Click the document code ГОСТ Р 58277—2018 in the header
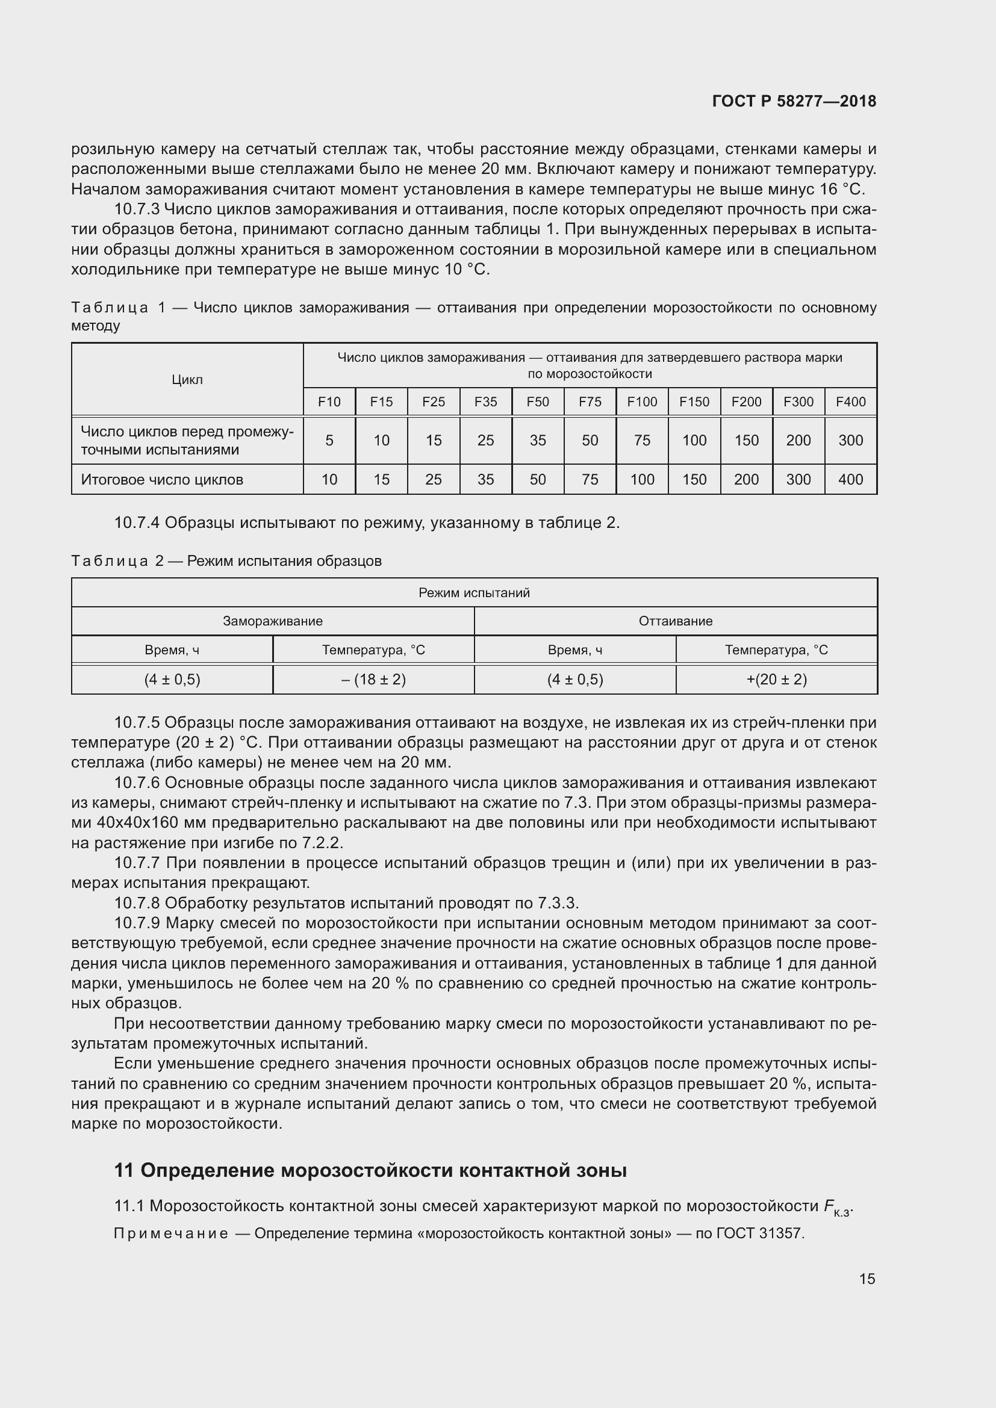click(794, 101)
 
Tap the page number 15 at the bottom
click(867, 1279)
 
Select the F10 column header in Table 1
click(329, 402)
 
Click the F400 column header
click(851, 402)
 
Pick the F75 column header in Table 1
click(590, 402)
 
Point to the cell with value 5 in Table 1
click(329, 440)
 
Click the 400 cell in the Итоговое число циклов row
click(851, 480)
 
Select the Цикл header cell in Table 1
click(187, 380)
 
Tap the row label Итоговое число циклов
click(162, 480)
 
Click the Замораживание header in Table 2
click(272, 621)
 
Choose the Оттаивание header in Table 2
click(675, 621)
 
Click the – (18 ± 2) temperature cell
click(373, 680)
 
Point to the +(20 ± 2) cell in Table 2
click(776, 680)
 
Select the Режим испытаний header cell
click(474, 592)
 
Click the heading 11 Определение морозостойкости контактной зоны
click(370, 1171)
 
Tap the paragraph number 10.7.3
click(137, 209)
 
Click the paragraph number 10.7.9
click(137, 923)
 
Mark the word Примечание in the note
click(171, 1233)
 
